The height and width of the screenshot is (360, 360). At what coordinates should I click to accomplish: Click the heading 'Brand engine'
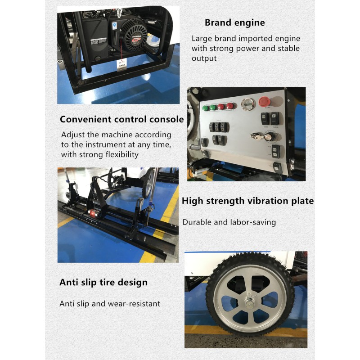[234, 22]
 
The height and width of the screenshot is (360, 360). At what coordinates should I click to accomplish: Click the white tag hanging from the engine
[121, 65]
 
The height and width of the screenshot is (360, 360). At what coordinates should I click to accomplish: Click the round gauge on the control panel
[248, 103]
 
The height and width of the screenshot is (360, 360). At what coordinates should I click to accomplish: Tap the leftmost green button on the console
[206, 108]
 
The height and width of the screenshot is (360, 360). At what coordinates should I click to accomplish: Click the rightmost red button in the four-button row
[230, 106]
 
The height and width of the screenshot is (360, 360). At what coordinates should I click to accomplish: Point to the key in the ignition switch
[255, 135]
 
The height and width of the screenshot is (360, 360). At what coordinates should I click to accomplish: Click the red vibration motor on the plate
[93, 213]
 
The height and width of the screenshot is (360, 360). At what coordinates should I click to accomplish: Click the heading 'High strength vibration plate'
[247, 201]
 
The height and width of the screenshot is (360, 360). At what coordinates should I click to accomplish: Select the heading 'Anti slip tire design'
[103, 283]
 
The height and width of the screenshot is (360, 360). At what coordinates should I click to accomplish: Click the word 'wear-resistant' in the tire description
[134, 304]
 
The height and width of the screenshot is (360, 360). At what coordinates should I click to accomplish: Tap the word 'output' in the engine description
[204, 58]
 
